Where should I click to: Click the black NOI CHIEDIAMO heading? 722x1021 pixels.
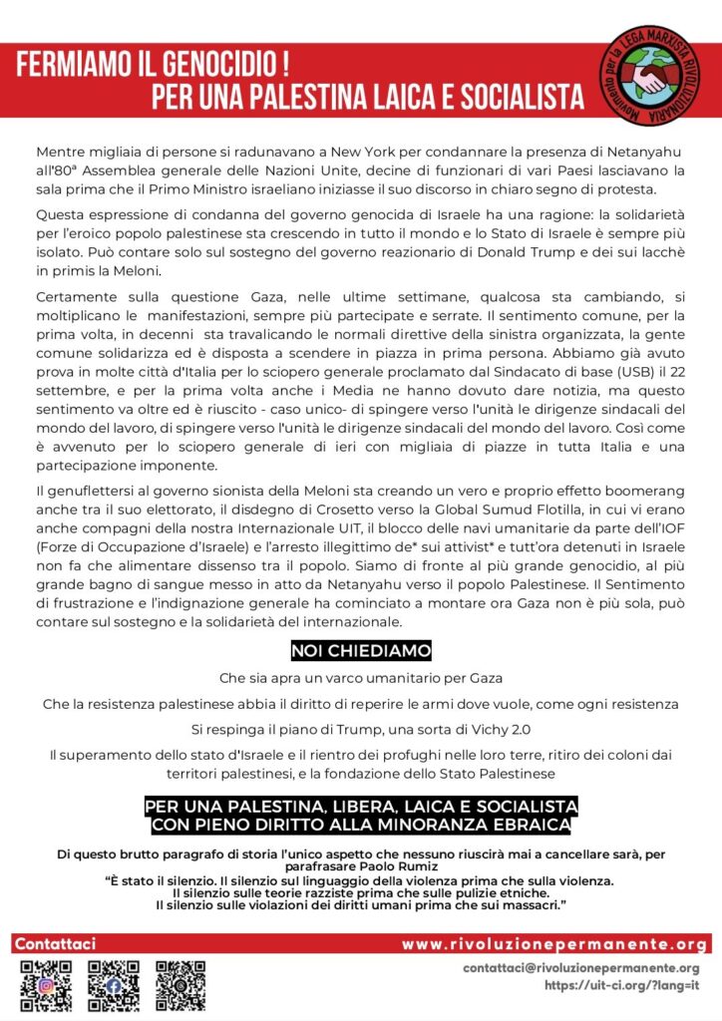361,650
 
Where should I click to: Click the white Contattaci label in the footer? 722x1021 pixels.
56,943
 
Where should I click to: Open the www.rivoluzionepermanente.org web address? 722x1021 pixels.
555,944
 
